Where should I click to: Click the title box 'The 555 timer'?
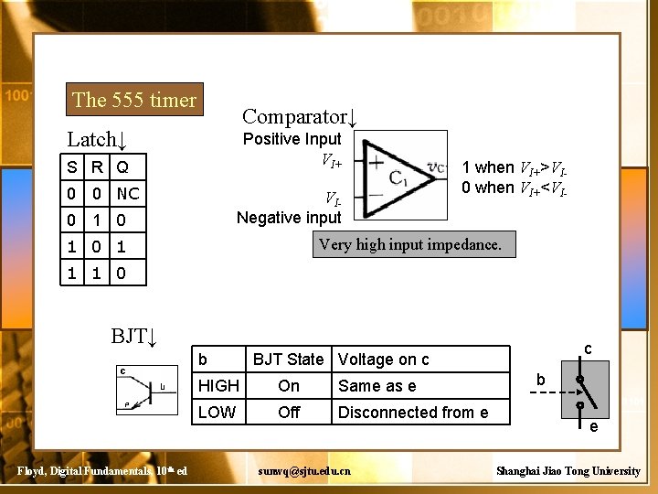134,100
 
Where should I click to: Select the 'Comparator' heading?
298,117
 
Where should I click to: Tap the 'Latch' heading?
96,140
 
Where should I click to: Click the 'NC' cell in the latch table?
129,194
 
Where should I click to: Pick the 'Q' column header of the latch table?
122,167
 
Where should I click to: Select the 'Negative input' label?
289,217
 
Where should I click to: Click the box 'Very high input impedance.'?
415,244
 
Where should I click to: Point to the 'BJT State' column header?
288,360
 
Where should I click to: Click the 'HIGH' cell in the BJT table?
218,386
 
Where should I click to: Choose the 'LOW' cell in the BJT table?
217,413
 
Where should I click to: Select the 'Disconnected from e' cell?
412,413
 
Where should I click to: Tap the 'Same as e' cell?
377,386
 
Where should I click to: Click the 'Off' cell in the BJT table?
289,413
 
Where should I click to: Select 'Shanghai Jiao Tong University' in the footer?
568,470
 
